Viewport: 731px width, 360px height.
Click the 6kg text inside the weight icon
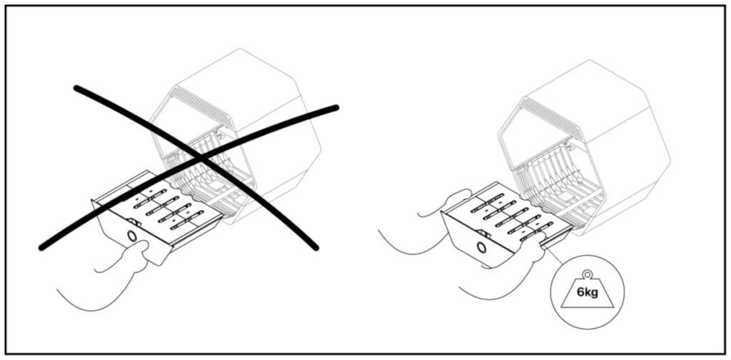click(x=587, y=293)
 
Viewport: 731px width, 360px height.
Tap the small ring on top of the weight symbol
click(x=588, y=275)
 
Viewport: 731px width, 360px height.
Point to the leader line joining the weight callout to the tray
click(x=557, y=259)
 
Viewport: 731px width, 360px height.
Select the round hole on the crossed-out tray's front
click(x=132, y=236)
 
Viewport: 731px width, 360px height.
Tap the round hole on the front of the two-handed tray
click(x=482, y=247)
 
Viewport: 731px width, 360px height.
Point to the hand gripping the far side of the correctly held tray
click(x=448, y=203)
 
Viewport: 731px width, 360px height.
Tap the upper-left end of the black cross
click(x=76, y=88)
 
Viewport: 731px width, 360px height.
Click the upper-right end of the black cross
click(x=335, y=108)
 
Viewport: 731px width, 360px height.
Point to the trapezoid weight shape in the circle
click(x=588, y=294)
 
